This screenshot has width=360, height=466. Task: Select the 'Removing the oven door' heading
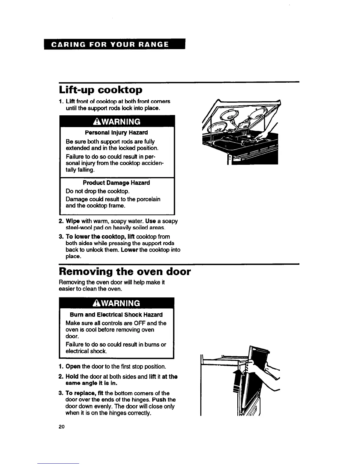125,271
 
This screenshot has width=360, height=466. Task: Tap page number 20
61,427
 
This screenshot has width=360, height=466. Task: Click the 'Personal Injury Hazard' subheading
116,132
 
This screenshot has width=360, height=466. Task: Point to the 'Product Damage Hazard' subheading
116,183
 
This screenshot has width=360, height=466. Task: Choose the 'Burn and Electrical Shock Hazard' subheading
116,314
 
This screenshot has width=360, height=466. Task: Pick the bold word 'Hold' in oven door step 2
72,377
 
